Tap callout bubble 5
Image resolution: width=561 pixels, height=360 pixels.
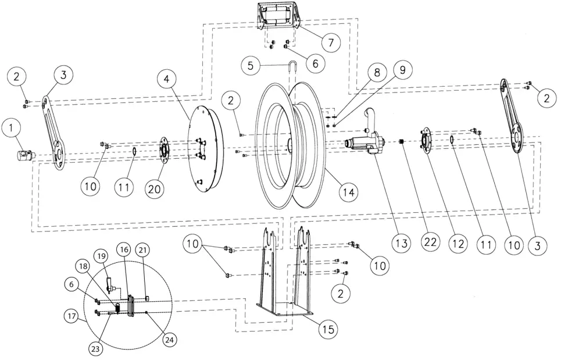(251, 65)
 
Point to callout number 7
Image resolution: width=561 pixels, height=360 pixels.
(330, 42)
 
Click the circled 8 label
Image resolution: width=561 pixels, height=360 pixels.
(377, 73)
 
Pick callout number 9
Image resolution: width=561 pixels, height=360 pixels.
(402, 69)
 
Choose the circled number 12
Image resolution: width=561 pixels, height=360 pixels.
(458, 244)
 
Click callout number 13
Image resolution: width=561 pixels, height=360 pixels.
(401, 244)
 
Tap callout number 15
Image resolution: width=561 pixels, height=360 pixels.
(328, 329)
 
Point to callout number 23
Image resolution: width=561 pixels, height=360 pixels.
(95, 349)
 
